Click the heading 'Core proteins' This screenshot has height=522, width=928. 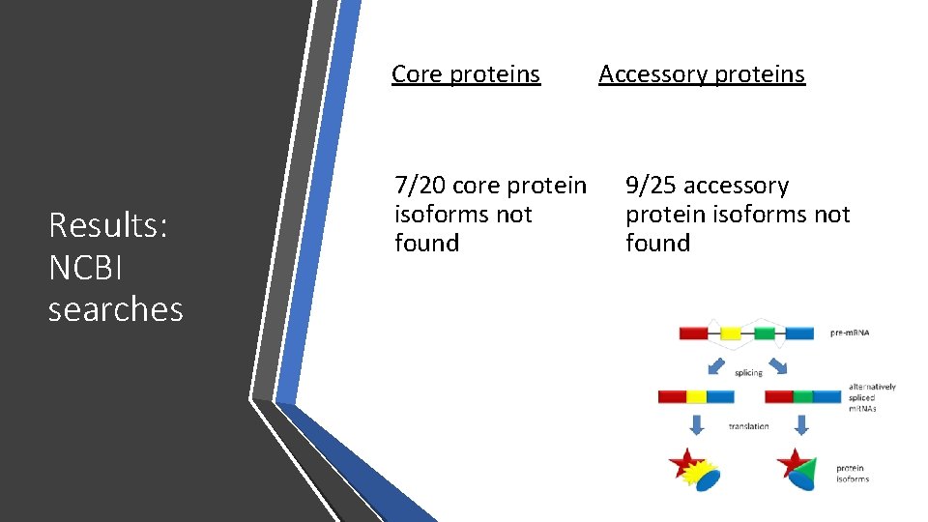465,74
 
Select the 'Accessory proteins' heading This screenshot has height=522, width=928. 701,74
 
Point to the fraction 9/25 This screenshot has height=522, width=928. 651,185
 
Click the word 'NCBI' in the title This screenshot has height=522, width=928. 86,268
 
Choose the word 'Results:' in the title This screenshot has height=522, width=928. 108,225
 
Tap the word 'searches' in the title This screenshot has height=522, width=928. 115,309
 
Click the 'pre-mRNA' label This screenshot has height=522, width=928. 850,333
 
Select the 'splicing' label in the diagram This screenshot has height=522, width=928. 748,372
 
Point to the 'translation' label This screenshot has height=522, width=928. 748,425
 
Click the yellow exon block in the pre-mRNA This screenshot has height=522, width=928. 731,333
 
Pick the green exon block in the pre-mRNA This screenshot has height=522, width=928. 765,333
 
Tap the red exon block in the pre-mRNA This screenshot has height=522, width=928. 693,333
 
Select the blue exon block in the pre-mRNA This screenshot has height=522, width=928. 798,333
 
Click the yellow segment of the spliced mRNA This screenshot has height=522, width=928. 696,396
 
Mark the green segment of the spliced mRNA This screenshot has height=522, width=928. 802,396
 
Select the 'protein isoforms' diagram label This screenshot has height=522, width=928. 853,474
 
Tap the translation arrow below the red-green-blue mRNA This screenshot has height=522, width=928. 801,425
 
